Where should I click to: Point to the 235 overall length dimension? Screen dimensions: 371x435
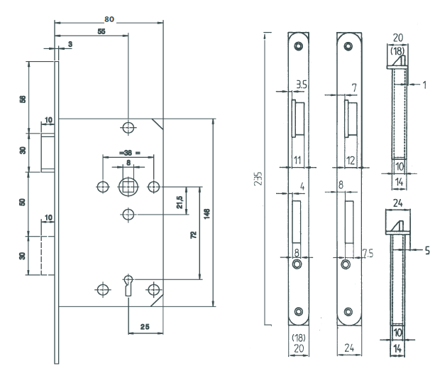(258, 176)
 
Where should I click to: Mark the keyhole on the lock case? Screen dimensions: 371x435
(128, 284)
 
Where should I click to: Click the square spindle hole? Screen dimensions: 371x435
(128, 186)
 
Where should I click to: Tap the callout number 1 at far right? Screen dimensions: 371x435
(424, 84)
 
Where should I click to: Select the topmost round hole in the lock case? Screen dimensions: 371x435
(128, 127)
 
